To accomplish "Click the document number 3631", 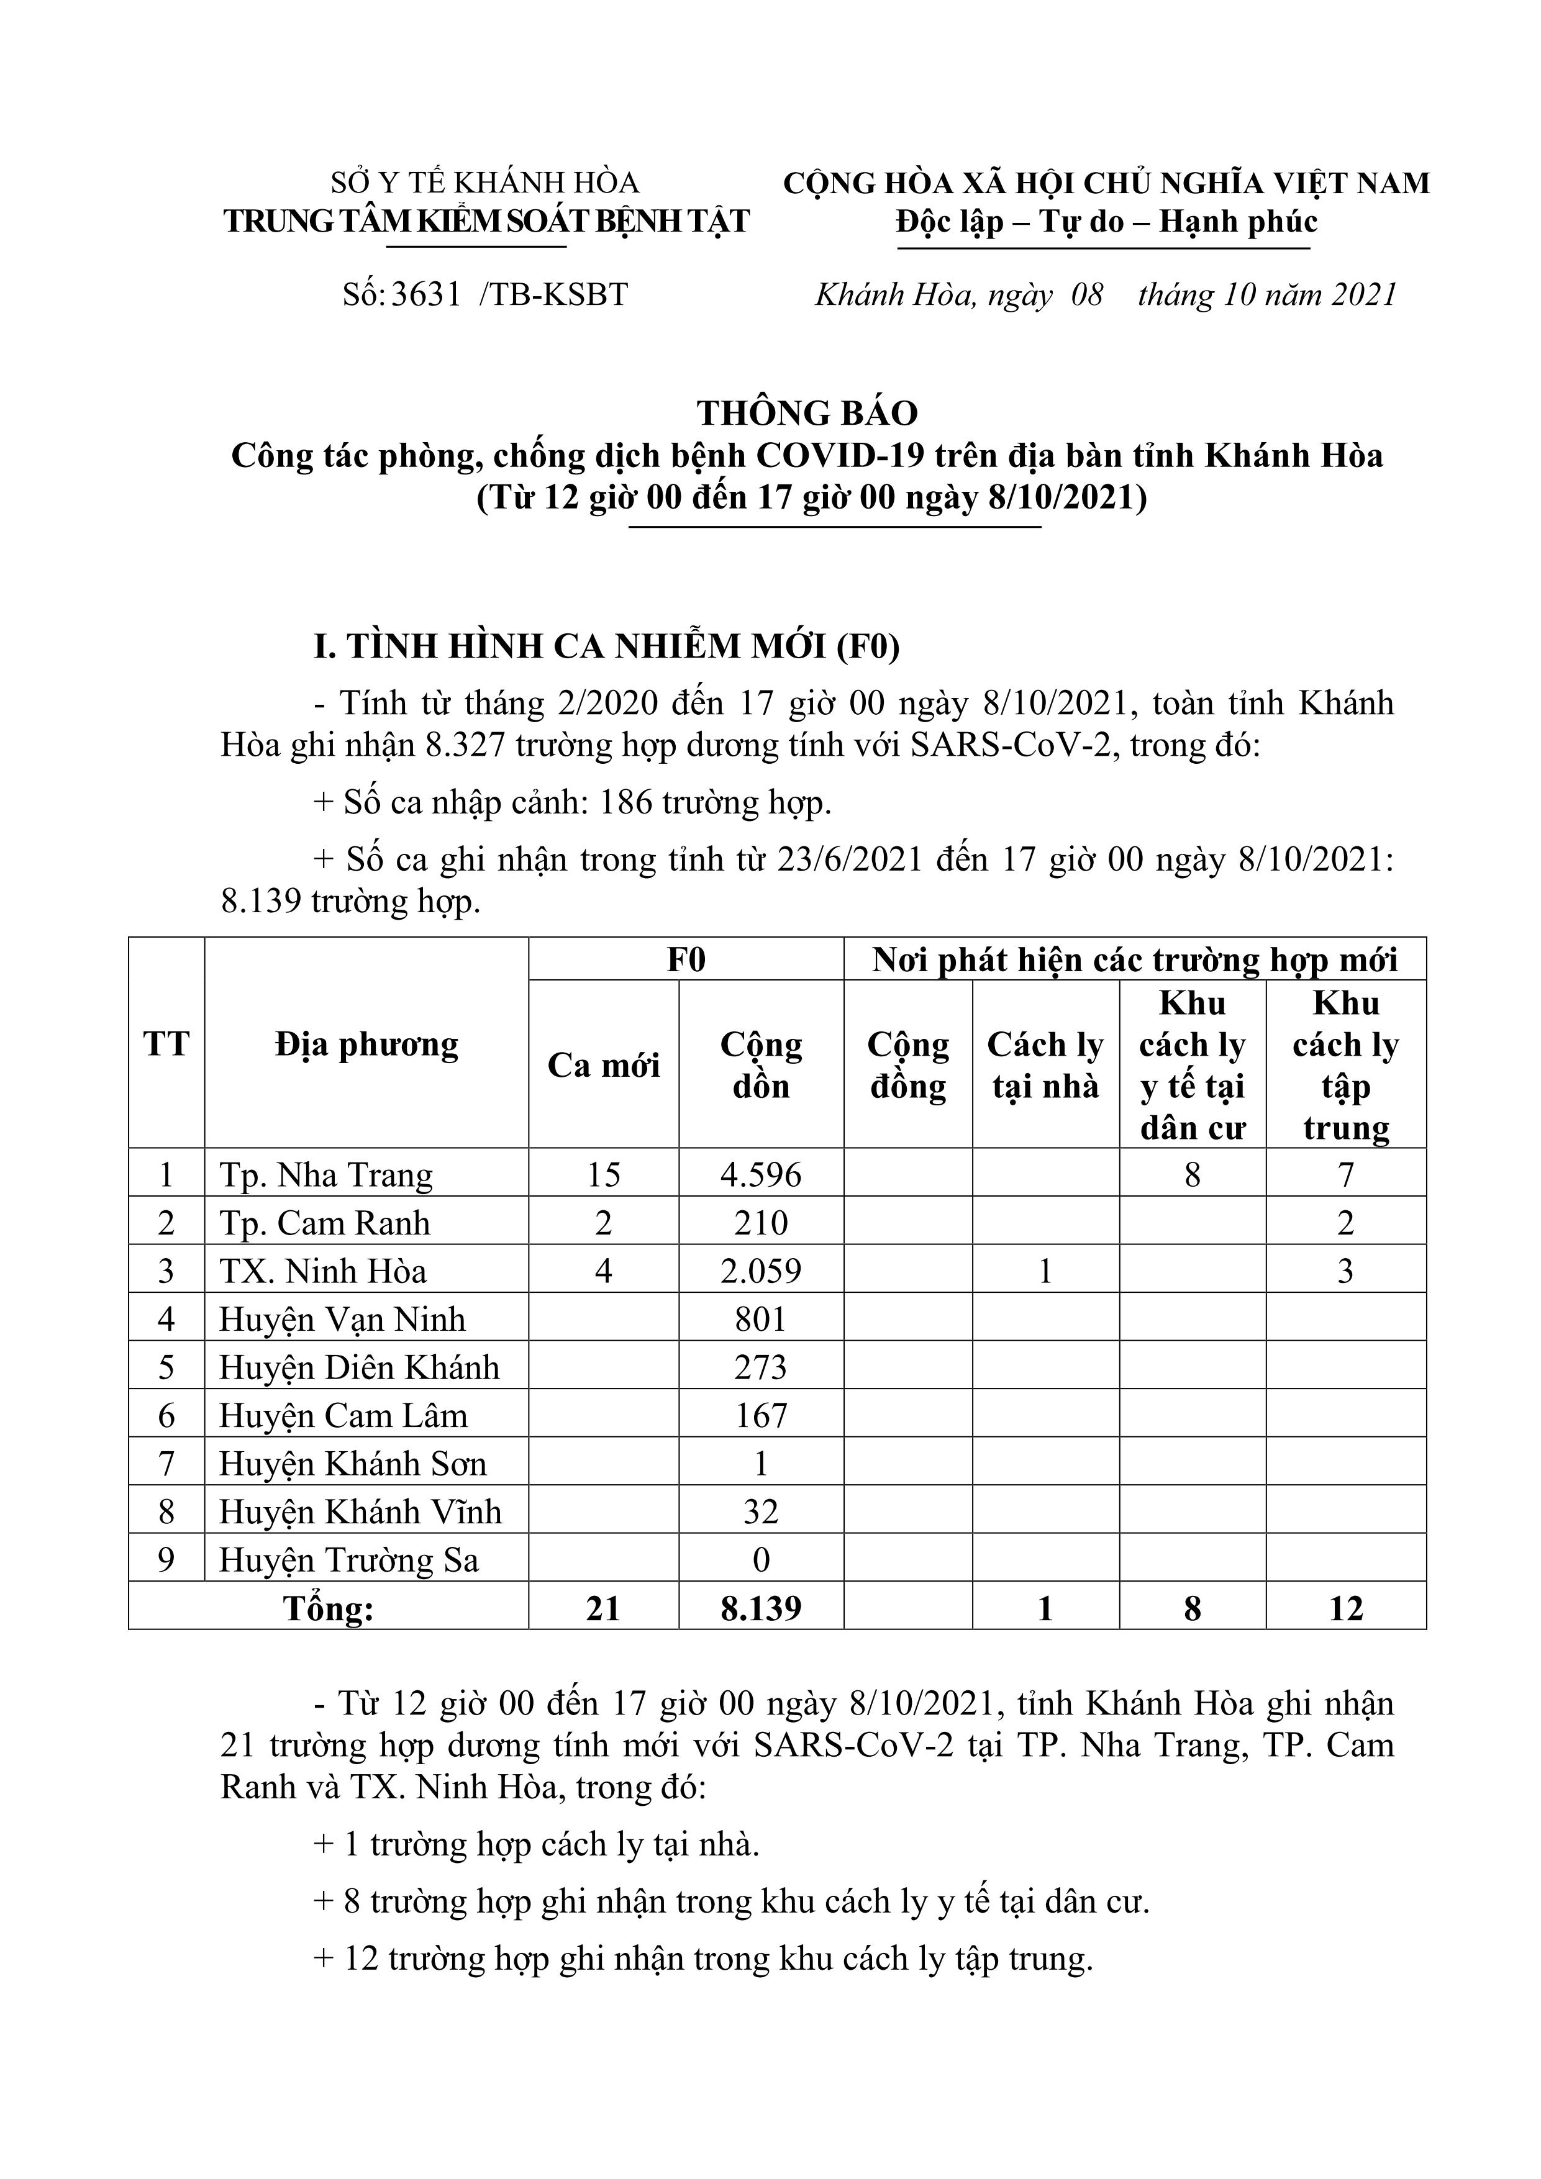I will (425, 295).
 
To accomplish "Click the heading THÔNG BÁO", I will (807, 413).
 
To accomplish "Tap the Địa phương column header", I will (366, 1045).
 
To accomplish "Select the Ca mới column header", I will (604, 1065).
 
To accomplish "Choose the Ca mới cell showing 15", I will (604, 1175).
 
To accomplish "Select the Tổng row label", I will (329, 1608).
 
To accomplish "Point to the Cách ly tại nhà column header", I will (1045, 1065).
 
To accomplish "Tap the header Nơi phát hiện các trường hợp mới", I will (1135, 961).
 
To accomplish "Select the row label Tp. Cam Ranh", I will (325, 1223).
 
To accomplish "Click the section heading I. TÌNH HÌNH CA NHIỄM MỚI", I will (607, 646).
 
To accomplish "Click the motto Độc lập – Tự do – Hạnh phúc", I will (1106, 222).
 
